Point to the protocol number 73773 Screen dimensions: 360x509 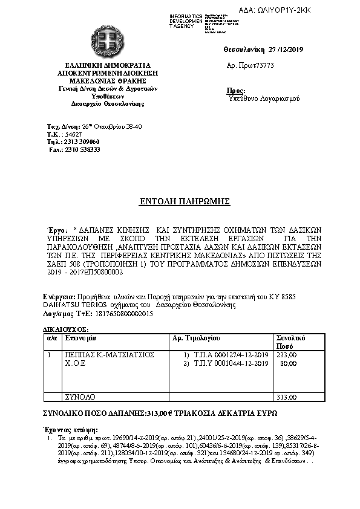[263, 65]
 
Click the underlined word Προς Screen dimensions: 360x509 [235, 90]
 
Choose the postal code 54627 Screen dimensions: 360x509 [73, 134]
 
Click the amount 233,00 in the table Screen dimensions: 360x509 [286, 355]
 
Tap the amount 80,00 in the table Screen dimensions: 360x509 [289, 363]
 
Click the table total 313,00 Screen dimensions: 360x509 [286, 397]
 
